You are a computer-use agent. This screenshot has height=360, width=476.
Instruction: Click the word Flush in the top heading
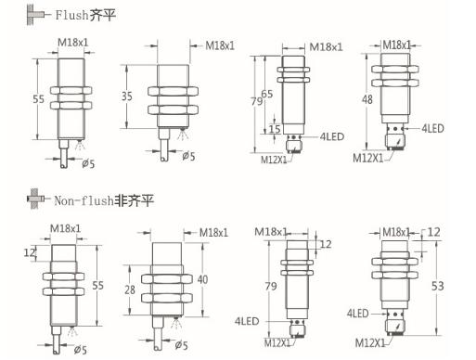coord(71,15)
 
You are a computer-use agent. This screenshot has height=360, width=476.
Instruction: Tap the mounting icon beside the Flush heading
coord(38,14)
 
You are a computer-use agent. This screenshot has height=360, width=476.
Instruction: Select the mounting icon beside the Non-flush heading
coord(38,199)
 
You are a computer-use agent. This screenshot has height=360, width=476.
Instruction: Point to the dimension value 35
coord(127,96)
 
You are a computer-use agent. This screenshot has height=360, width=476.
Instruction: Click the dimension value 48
coord(367,99)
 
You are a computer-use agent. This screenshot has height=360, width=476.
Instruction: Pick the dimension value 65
coord(267,94)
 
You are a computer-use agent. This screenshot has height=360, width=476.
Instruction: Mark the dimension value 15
coord(275,129)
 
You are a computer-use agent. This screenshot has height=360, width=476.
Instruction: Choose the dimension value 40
coord(202,279)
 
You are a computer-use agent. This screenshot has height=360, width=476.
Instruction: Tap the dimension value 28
coord(130,289)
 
